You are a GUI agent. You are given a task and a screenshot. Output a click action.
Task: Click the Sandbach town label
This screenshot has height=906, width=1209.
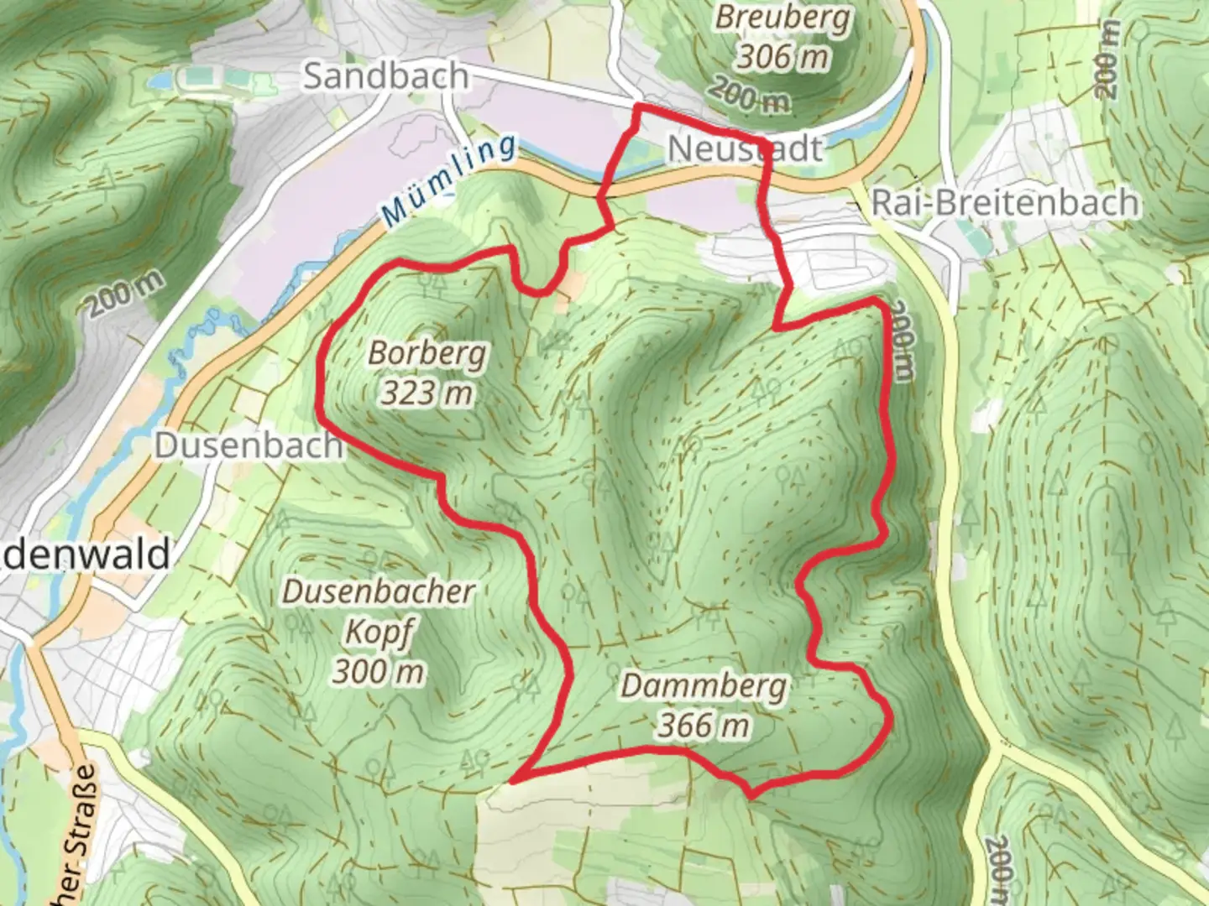[x=385, y=76]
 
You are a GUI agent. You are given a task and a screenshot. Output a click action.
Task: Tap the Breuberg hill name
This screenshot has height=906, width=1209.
[x=782, y=18]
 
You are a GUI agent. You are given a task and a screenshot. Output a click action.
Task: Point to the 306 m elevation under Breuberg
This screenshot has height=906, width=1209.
[x=782, y=57]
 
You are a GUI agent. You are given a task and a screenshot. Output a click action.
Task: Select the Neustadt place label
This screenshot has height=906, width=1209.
[x=745, y=149]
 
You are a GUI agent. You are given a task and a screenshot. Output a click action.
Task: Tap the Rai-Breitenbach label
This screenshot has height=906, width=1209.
[x=1006, y=203]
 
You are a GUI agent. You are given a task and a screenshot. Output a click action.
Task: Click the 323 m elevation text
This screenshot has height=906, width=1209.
[x=427, y=392]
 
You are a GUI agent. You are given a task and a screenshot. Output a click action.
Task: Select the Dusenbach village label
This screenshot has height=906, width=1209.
[x=249, y=445]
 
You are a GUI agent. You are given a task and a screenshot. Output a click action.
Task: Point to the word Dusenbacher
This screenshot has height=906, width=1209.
[x=378, y=592]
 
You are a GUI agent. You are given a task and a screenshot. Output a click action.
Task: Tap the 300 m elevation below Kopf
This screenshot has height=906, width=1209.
[x=378, y=671]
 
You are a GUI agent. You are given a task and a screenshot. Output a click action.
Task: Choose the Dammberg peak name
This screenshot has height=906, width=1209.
[x=704, y=686]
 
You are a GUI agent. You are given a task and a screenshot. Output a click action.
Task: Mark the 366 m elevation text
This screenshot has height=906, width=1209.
[x=704, y=726]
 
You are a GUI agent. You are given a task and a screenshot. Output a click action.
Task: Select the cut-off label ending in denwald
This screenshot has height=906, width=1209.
[x=84, y=555]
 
